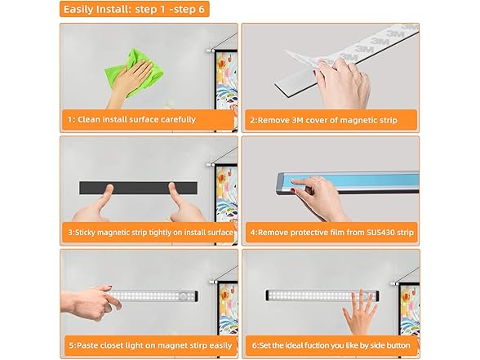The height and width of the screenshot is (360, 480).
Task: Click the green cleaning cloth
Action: coord(135,73)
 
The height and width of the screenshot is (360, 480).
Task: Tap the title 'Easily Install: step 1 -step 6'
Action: coord(134,9)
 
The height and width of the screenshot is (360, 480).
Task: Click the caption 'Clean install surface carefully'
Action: coord(136,119)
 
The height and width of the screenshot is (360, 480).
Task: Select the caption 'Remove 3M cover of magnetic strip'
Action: coord(327,120)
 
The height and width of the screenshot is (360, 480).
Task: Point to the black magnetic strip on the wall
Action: coord(139,188)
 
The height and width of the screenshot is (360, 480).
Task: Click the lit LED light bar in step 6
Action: coord(322,296)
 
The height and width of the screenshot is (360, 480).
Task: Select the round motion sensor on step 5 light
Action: coord(184,296)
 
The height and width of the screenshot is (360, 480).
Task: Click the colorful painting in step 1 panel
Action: coord(227,80)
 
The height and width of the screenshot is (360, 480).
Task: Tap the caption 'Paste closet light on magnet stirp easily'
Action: coord(150,345)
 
